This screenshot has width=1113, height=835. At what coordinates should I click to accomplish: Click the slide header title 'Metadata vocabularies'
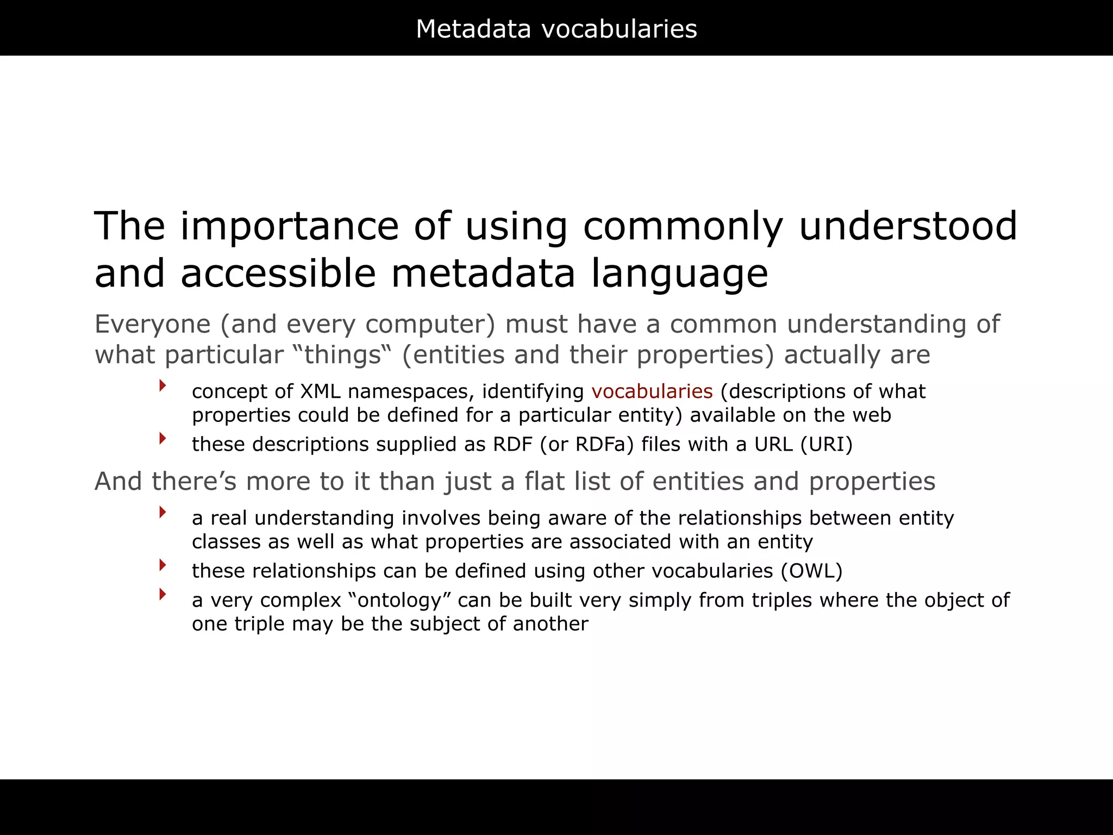point(556,29)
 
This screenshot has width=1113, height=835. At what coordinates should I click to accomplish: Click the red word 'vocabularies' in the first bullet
point(652,391)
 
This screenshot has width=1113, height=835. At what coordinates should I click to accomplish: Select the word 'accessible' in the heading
point(278,273)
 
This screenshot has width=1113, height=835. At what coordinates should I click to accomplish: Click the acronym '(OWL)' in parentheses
point(812,571)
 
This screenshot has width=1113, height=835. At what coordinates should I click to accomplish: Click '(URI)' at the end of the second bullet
point(827,445)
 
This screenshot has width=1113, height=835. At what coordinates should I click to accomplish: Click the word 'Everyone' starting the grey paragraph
point(152,325)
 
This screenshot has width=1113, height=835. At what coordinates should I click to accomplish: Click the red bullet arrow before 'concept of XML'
point(162,386)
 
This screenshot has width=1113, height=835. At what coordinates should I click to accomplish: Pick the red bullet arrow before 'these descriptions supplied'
point(162,438)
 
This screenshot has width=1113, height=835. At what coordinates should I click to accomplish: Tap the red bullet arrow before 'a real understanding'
point(162,512)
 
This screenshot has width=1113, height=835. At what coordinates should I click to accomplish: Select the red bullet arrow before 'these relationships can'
point(162,565)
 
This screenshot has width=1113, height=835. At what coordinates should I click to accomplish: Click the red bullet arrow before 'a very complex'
point(162,594)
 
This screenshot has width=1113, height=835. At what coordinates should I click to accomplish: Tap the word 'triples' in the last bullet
point(782,600)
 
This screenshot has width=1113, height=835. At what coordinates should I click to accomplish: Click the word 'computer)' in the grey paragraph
point(430,325)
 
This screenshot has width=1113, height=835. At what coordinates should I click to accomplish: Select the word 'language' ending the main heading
point(679,273)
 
